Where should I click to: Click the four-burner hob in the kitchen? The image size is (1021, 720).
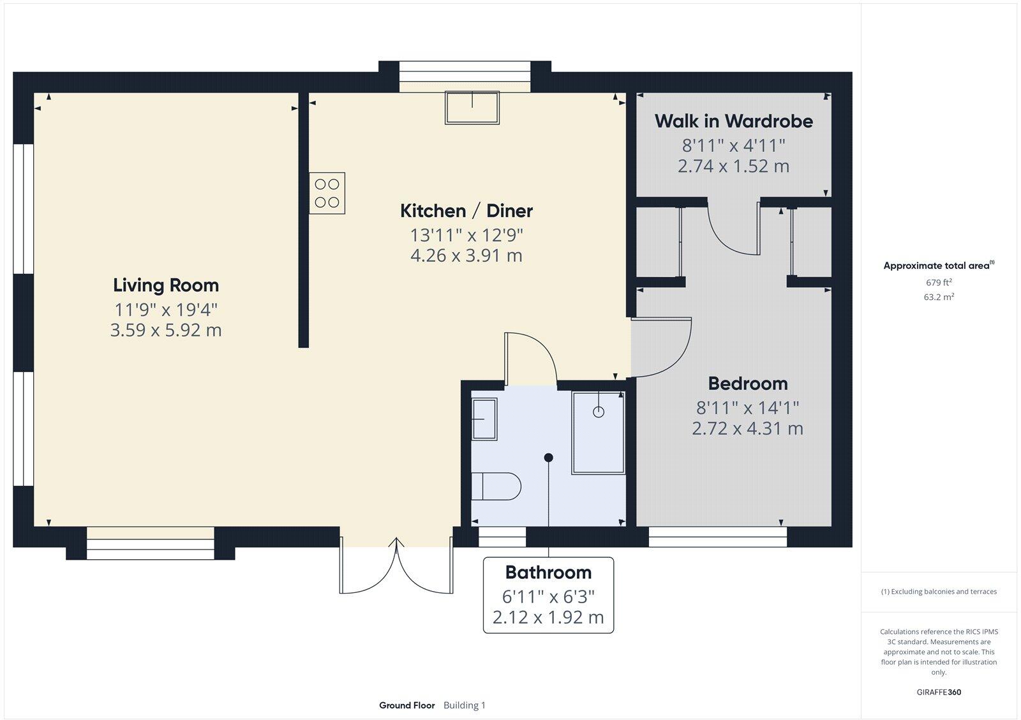pos(327,193)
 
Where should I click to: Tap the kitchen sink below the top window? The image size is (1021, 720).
pos(472,107)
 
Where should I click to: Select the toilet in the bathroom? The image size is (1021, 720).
pos(498,486)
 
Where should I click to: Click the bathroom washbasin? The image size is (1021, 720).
pos(484,419)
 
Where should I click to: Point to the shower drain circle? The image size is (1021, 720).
pos(599,412)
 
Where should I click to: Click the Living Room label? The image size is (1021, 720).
pos(166,285)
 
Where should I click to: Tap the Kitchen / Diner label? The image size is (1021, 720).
pos(466,211)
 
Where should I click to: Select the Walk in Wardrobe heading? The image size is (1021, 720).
pos(734,121)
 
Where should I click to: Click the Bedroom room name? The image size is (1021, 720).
pos(748,384)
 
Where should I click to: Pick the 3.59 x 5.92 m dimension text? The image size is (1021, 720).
pos(166,331)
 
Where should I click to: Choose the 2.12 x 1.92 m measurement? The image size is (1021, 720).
pos(548,618)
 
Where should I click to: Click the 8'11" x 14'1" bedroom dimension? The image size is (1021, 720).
pos(748,407)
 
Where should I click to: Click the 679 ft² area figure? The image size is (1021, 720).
pos(939,282)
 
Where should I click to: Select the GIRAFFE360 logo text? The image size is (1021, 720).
pos(939,692)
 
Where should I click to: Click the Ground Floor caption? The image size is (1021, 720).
pos(406,705)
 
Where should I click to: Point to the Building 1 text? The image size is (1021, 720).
pos(465,705)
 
